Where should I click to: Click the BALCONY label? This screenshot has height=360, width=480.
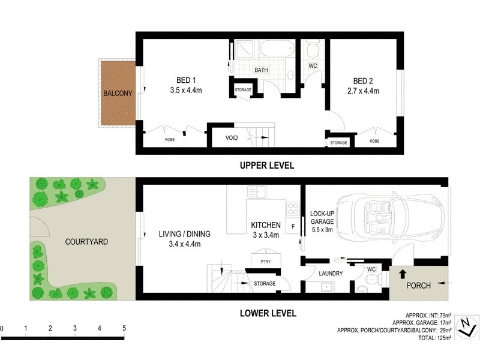point(118,94)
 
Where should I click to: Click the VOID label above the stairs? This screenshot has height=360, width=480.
point(232,138)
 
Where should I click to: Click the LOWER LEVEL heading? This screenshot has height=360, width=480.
point(267,313)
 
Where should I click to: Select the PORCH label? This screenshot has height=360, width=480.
point(418,286)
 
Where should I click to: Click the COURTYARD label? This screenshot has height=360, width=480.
point(87,242)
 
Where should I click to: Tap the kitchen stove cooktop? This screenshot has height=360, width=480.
point(293,209)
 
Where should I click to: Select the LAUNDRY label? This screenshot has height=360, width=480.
point(331,274)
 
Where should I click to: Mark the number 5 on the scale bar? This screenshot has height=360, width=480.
point(124,329)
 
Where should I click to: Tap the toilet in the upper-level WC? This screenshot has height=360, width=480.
point(312,49)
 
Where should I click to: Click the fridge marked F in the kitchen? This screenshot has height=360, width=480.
point(293,227)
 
